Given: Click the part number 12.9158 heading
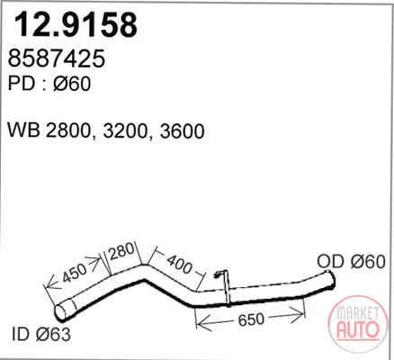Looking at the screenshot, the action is point(76,24).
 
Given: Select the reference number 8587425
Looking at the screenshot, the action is point(57,58).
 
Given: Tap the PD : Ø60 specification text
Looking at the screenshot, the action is point(49,84).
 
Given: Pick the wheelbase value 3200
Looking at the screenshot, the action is point(126,131).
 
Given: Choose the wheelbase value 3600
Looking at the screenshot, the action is point(182,131).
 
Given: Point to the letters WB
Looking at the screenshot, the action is point(24,130).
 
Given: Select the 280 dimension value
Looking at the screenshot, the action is point(121,251).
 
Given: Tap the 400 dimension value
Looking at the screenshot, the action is point(179,264).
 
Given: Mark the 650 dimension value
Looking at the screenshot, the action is point(251,319).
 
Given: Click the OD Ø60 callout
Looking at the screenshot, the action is point(351,262).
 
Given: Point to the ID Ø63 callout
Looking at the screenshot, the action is point(41,334).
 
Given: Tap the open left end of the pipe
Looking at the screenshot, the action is point(60,312).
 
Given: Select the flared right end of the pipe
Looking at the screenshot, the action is point(330,280).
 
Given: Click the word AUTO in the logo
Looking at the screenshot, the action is point(358,329).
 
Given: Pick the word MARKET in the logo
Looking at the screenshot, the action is point(357,313).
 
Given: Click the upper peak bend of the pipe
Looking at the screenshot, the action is point(145,272).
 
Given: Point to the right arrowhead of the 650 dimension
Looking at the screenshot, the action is point(299,316).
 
